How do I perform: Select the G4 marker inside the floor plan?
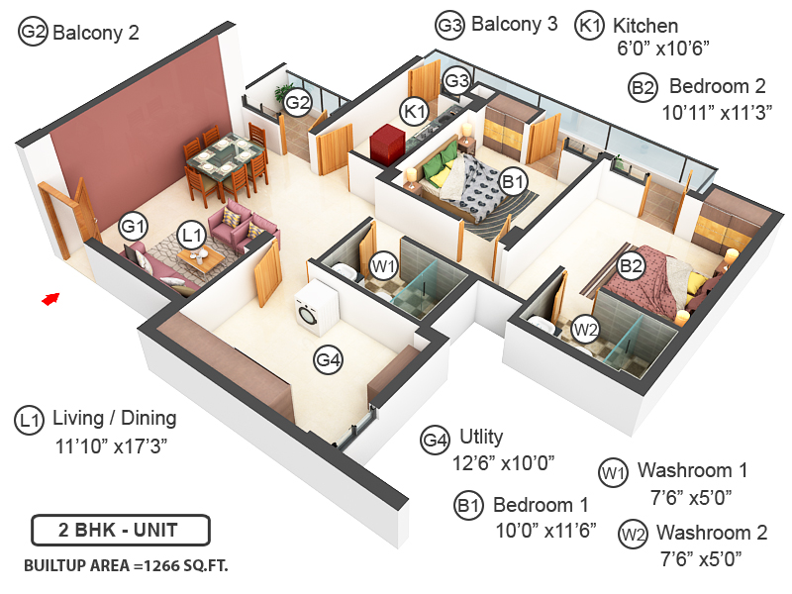[329, 361]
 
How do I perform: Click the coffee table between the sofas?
[207, 258]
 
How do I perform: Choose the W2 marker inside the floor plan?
[586, 329]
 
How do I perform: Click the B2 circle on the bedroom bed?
[631, 265]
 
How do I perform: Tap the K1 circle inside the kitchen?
[413, 110]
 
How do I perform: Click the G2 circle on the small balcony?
[298, 101]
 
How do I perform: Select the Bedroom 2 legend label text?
[718, 86]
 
